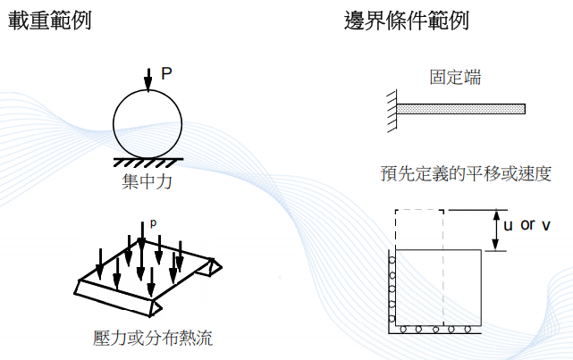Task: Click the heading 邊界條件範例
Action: click(x=407, y=21)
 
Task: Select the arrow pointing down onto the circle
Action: click(x=147, y=82)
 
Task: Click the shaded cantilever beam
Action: click(x=460, y=110)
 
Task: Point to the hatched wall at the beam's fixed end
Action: click(x=391, y=110)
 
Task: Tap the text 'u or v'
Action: click(x=526, y=225)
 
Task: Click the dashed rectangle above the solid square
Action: click(x=418, y=230)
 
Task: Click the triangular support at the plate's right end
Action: click(x=212, y=266)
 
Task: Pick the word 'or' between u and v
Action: click(x=527, y=224)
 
